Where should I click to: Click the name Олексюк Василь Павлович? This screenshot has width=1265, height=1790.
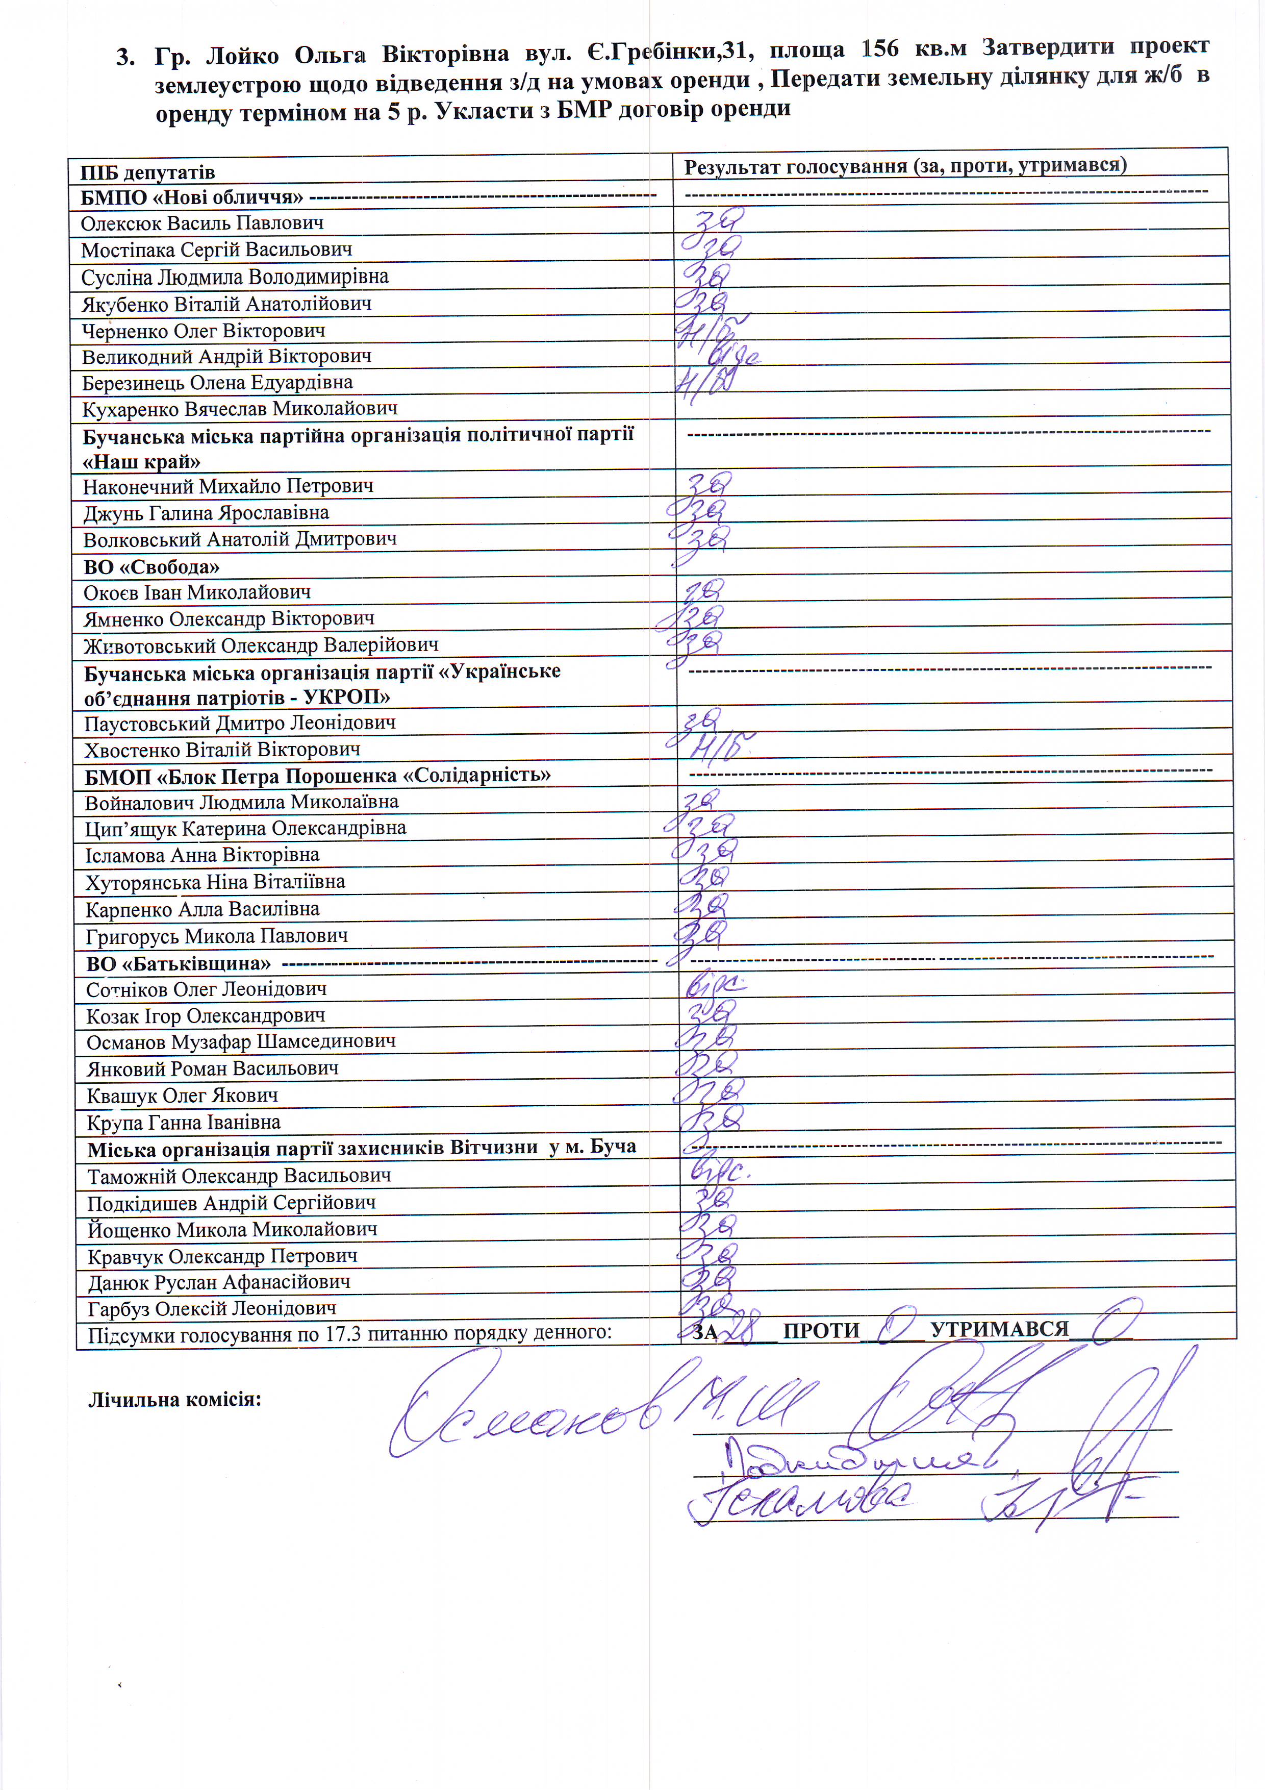pyautogui.click(x=202, y=223)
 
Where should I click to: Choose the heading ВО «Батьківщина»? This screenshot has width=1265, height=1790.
pyautogui.click(x=179, y=963)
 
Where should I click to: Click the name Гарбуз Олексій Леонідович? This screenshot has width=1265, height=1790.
pyautogui.click(x=212, y=1309)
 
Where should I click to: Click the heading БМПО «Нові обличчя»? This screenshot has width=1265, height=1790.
pyautogui.click(x=192, y=197)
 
